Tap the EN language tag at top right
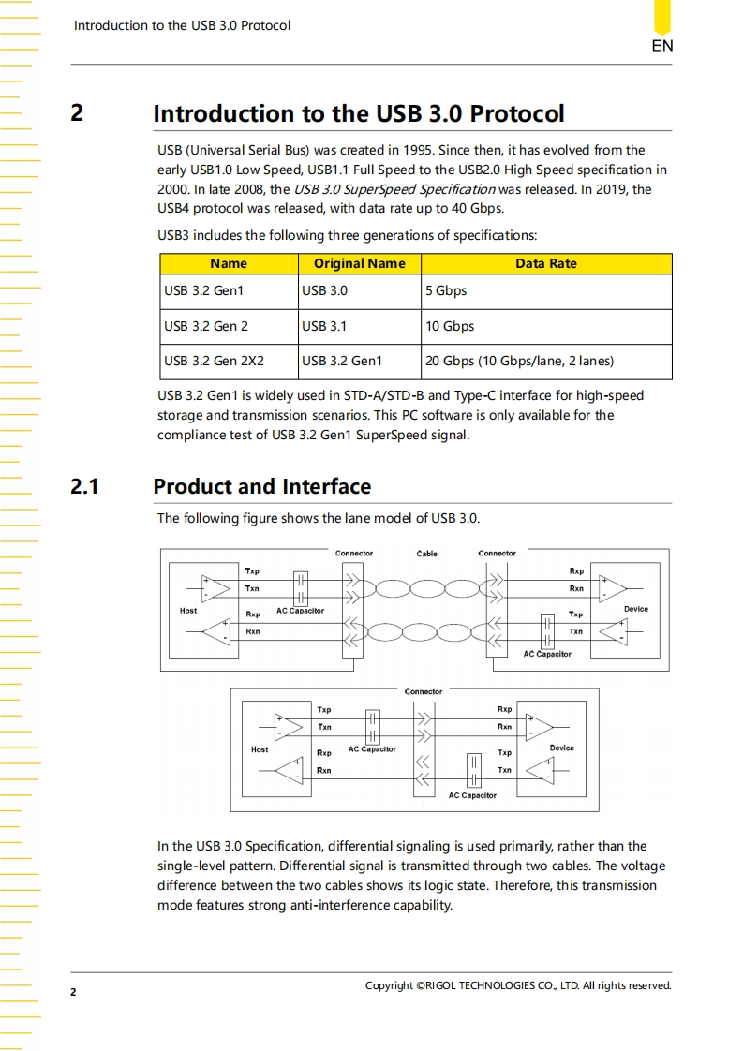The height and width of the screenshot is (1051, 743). pyautogui.click(x=661, y=46)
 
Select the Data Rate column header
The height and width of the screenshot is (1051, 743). pyautogui.click(x=546, y=263)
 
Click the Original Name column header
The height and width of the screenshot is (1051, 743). pyautogui.click(x=359, y=263)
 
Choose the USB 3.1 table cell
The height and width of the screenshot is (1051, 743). pyautogui.click(x=324, y=326)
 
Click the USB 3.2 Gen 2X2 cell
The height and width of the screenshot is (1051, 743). pyautogui.click(x=214, y=361)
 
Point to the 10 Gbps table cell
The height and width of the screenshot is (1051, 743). pyautogui.click(x=450, y=326)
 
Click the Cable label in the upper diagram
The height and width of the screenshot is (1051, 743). pyautogui.click(x=426, y=554)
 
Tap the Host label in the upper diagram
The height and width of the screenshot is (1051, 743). pyautogui.click(x=188, y=611)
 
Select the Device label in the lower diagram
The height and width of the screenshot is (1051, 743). pyautogui.click(x=561, y=748)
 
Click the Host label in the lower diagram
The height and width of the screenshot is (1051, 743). pyautogui.click(x=260, y=749)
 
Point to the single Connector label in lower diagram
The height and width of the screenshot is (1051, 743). pyautogui.click(x=423, y=692)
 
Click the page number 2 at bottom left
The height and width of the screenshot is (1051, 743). pyautogui.click(x=73, y=991)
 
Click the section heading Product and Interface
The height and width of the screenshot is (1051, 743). pyautogui.click(x=261, y=487)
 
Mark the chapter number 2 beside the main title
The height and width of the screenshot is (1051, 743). pyautogui.click(x=77, y=113)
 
